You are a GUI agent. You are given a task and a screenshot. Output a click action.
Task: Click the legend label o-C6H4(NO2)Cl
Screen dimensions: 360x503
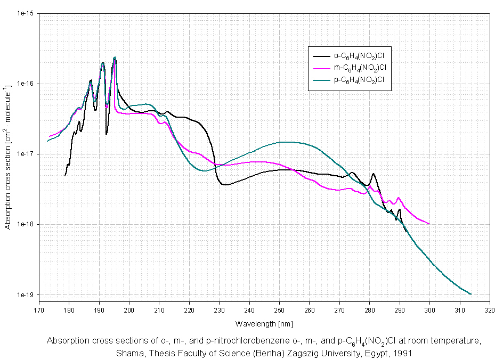359,55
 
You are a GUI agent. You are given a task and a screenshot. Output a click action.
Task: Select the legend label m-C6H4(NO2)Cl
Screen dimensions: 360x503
360,68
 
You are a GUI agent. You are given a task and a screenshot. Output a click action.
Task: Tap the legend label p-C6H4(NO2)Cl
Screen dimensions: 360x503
359,80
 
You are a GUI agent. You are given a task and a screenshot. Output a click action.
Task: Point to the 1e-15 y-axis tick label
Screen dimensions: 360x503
26,13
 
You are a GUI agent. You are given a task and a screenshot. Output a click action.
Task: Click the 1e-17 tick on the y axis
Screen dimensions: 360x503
26,154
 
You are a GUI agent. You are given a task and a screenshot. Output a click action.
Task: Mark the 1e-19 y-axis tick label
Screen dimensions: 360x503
26,294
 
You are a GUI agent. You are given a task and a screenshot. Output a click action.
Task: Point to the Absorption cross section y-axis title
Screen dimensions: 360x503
8,154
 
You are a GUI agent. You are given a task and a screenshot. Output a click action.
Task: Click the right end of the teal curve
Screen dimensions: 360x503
471,294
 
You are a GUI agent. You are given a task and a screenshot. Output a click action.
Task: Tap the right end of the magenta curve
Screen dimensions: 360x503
429,224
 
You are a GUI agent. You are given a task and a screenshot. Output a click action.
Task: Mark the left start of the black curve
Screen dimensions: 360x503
65,175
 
